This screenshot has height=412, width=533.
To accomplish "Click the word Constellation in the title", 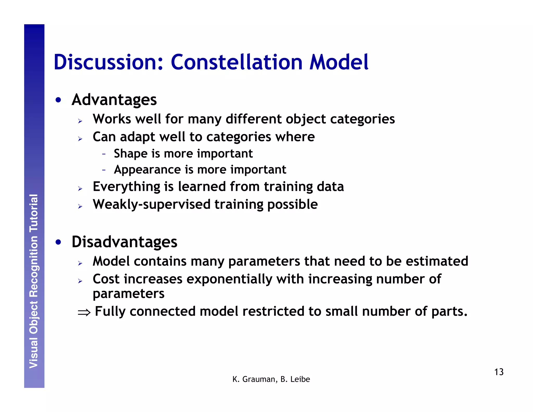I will tap(236, 63).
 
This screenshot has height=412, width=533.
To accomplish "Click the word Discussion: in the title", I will tap(108, 63).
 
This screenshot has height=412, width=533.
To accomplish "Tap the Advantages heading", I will tap(114, 100).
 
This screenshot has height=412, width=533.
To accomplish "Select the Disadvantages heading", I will tap(124, 242).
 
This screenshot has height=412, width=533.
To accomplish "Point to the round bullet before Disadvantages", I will tap(58, 242).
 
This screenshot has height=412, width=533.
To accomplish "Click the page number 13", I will tap(499, 372).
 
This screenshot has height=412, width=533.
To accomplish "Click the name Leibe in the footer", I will tap(300, 379).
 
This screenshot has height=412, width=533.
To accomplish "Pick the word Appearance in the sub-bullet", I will tap(147, 170).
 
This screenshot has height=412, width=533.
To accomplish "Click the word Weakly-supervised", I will tap(151, 204).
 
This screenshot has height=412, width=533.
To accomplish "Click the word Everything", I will tap(126, 187).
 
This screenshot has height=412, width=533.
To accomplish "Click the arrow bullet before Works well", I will tap(80, 121).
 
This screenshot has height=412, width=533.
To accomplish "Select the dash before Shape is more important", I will tap(104, 154).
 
